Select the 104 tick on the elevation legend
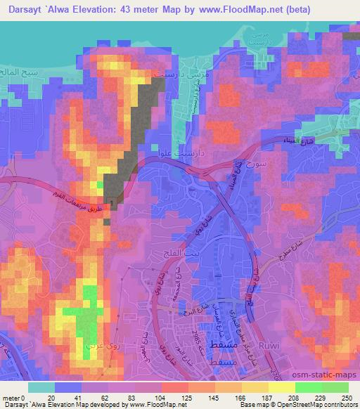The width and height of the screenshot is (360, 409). pyautogui.click(x=162, y=397)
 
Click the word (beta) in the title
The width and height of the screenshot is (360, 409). pyautogui.click(x=307, y=10)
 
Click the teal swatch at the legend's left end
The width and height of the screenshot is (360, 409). pyautogui.click(x=41, y=387)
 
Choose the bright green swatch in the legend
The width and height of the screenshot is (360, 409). pyautogui.click(x=309, y=387)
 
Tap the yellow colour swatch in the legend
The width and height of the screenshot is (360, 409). pyautogui.click(x=282, y=387)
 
